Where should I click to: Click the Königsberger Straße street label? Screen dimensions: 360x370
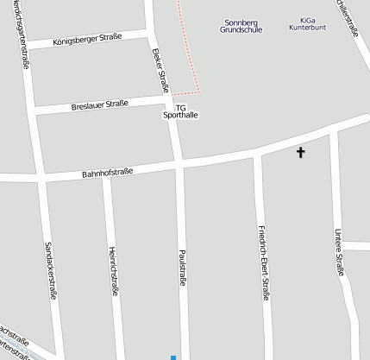coord(88,39)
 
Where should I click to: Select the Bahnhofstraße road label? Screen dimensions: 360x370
coord(107,173)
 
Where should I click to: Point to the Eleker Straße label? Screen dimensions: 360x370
coord(161,70)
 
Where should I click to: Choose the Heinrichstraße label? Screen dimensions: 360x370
coord(113,270)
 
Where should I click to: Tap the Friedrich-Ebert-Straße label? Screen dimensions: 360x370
coord(264,262)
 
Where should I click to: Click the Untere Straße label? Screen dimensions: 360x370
coord(340,251)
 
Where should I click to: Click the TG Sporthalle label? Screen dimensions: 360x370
coord(180,111)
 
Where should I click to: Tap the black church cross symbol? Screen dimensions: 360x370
coord(301,153)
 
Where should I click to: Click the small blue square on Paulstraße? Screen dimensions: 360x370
coord(173,357)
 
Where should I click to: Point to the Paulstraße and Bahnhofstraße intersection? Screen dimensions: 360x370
coord(180,163)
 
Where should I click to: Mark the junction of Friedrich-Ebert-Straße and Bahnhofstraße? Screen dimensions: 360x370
coord(256,154)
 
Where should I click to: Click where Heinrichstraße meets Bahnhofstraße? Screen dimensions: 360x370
coord(104,174)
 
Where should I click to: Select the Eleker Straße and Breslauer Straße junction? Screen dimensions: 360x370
coord(169,100)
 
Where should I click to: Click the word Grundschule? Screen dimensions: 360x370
coord(241,29)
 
